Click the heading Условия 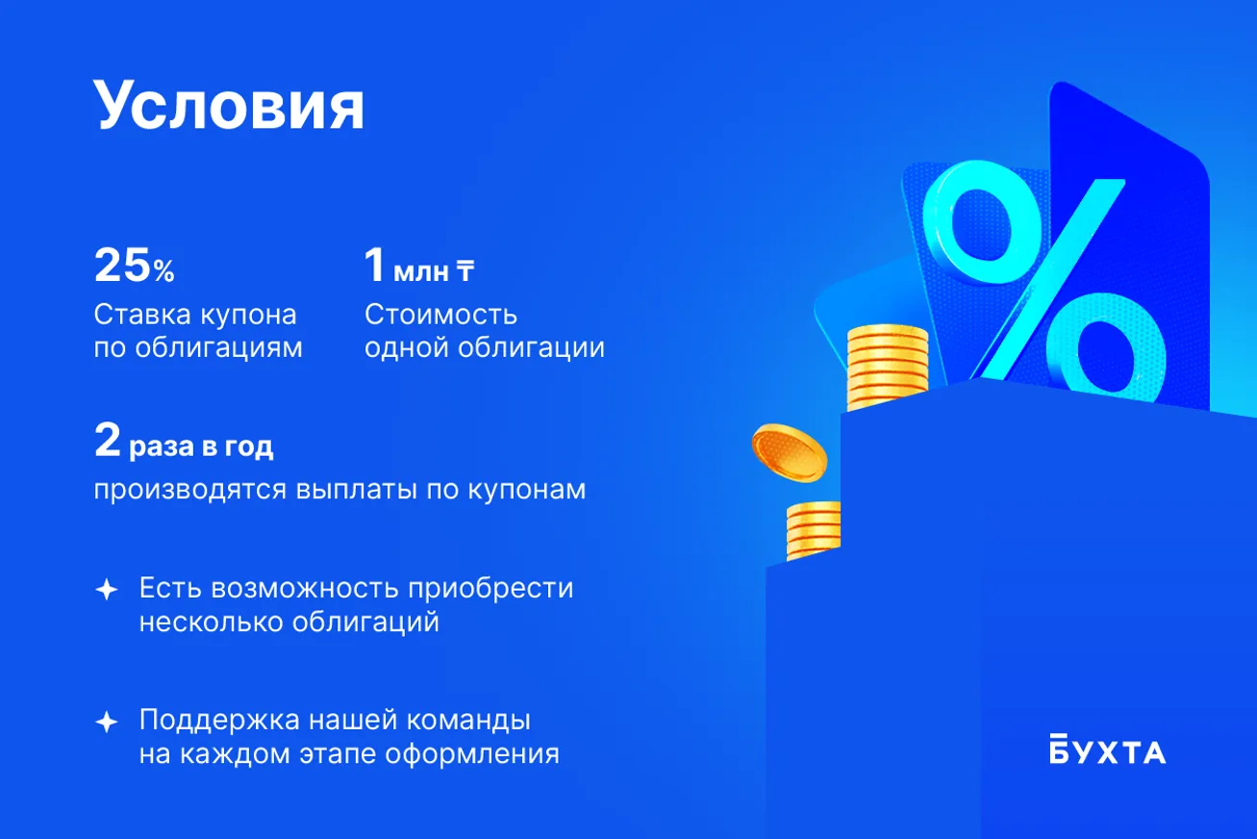(229, 106)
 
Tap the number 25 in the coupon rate (122, 265)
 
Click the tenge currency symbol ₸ (465, 270)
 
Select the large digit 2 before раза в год (107, 440)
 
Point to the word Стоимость (440, 315)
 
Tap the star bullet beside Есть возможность (107, 590)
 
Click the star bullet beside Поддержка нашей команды (107, 722)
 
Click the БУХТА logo (1107, 750)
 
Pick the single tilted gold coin (789, 453)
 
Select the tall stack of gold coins (887, 367)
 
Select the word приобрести (490, 589)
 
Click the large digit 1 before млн (374, 265)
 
